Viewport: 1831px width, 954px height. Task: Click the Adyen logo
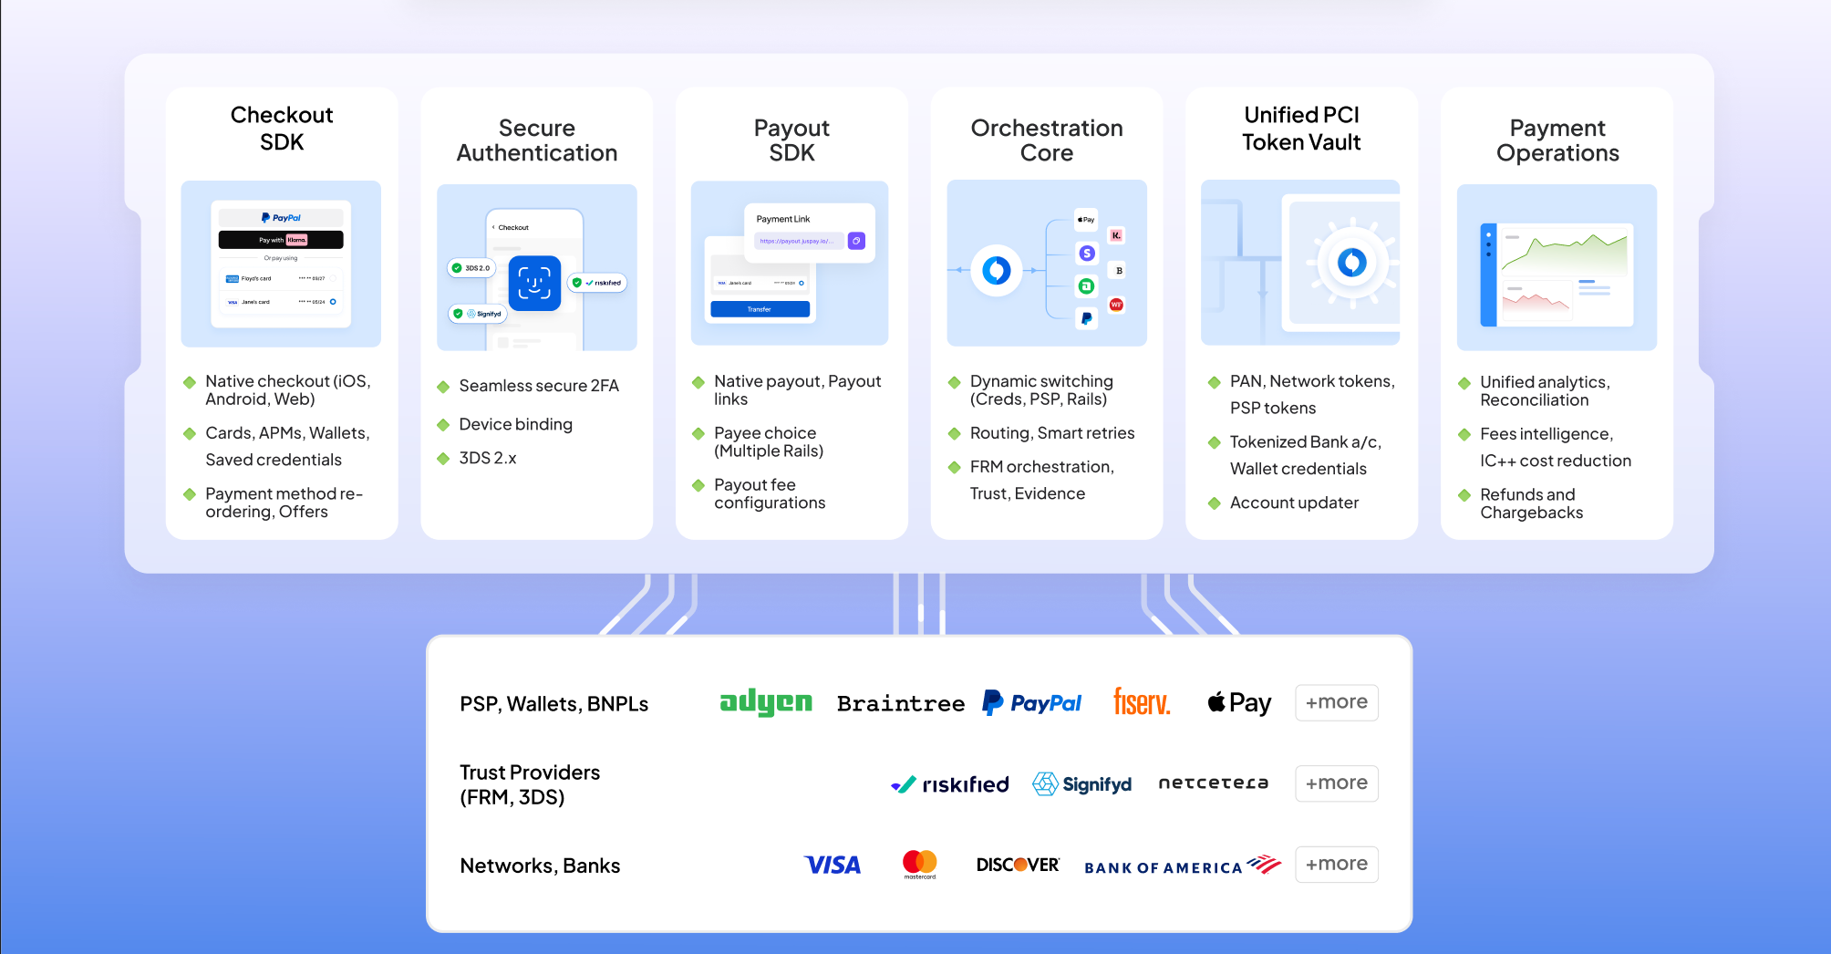coord(765,702)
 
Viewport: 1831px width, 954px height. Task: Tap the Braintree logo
coord(900,703)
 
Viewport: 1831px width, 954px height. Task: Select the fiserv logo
coord(1142,702)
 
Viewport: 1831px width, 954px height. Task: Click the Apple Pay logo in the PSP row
coord(1239,702)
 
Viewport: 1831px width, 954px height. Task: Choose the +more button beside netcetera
coord(1336,783)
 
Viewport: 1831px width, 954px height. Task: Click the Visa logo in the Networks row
coord(833,865)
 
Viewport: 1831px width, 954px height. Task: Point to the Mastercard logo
coord(919,863)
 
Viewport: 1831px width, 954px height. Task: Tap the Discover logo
coord(1018,865)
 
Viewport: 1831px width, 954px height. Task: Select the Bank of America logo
coord(1182,866)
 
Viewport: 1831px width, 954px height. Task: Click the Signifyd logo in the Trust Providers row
coord(1082,784)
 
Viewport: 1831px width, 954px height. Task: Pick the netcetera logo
coord(1213,783)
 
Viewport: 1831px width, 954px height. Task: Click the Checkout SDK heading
coord(282,129)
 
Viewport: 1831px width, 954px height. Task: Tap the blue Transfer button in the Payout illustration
coord(760,309)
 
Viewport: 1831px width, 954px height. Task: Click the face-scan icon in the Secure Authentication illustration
coord(534,283)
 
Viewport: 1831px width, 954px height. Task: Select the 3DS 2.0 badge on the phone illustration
coord(471,268)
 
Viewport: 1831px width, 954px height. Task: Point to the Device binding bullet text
coord(515,424)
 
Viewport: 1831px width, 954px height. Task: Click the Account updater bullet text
coord(1294,503)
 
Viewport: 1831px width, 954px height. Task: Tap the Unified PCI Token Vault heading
coord(1301,129)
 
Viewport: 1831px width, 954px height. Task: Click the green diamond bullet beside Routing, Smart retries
coord(955,433)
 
